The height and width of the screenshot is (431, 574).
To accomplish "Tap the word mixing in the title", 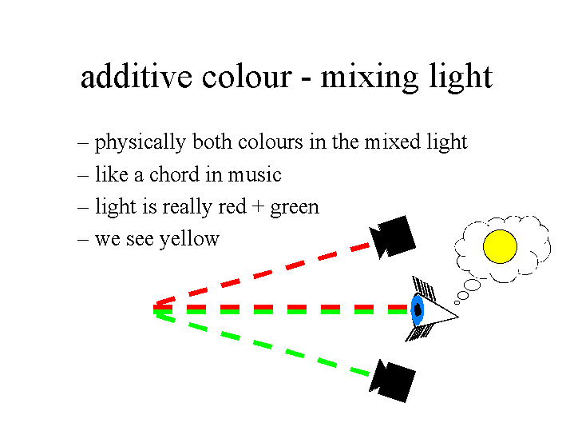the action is pos(370,78).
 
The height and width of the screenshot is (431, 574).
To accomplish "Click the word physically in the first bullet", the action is pos(141,142).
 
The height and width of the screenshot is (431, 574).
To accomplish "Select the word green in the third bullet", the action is pos(295,208).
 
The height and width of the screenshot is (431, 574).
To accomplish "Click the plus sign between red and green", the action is pos(258,206).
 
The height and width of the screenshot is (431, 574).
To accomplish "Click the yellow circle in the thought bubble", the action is pos(500,246).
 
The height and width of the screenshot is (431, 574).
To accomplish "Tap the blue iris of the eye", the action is pos(418,310).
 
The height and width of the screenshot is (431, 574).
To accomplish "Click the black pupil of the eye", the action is pos(418,310).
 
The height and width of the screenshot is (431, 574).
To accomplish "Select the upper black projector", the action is pos(393,237).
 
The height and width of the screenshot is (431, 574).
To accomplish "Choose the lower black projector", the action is pos(393,381).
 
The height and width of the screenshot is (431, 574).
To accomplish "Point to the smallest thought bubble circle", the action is pos(457,302).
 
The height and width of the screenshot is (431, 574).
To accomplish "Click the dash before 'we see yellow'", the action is pos(83,240).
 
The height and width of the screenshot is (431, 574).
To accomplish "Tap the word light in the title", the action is pos(461,78).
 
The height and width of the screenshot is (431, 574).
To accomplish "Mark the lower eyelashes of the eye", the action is pos(418,333).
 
